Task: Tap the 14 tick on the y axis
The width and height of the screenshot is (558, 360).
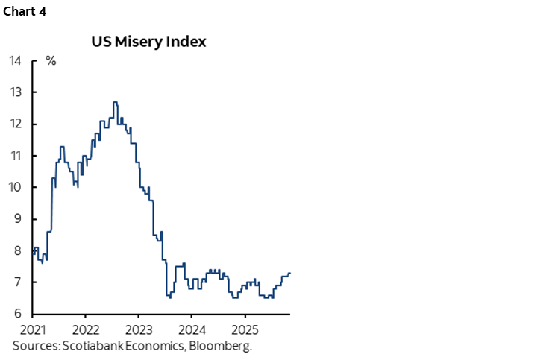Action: [x=16, y=60]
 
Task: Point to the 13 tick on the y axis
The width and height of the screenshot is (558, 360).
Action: [x=16, y=92]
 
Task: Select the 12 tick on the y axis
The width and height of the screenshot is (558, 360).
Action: [x=16, y=124]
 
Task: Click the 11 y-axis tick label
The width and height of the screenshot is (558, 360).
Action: [x=16, y=156]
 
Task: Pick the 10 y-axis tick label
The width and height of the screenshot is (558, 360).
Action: [x=16, y=187]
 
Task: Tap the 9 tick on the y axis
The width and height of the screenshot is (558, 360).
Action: [x=19, y=219]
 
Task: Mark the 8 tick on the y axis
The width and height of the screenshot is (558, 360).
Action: [x=19, y=250]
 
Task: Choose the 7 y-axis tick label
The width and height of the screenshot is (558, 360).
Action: [x=19, y=282]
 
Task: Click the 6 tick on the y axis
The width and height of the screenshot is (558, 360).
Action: [x=19, y=314]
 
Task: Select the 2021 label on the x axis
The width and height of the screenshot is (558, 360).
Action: [x=33, y=329]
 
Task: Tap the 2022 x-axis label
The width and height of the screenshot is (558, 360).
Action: [x=86, y=329]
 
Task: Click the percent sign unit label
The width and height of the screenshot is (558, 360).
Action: [x=51, y=60]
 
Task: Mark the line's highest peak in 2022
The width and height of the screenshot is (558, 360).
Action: [x=115, y=102]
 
